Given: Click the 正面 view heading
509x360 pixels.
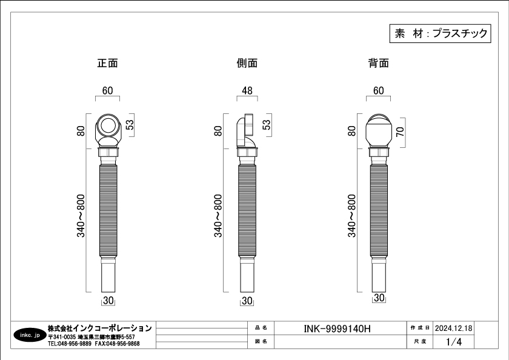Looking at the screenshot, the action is point(107,63).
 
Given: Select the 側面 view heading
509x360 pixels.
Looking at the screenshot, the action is point(247,63).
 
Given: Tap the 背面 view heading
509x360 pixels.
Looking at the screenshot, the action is point(379,63).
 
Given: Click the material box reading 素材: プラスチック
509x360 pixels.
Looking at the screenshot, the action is point(440,33).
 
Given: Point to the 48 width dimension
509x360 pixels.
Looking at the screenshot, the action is point(247,90).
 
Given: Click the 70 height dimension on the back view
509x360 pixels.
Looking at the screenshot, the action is point(401,132).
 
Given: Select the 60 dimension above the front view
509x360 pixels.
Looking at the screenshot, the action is point(107,90).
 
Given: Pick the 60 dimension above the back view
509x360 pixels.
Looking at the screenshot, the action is point(379,90).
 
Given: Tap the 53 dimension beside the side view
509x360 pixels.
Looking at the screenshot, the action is point(266,125).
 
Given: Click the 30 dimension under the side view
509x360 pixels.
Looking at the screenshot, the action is point(247,301).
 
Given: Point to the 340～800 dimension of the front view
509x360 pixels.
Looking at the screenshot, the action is point(81,216).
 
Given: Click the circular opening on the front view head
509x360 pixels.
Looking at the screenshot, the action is point(107,125).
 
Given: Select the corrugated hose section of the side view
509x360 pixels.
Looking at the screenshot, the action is point(247,212).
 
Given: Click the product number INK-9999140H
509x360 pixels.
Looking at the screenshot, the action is point(337,329).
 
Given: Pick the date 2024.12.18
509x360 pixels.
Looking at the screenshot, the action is point(453,328).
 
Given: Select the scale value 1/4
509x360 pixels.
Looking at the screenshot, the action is point(453,342).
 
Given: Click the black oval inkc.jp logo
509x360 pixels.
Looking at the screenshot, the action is point(30,335).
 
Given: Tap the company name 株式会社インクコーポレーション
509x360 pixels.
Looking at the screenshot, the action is point(100,328).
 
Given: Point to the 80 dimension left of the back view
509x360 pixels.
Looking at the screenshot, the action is point(351,131).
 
